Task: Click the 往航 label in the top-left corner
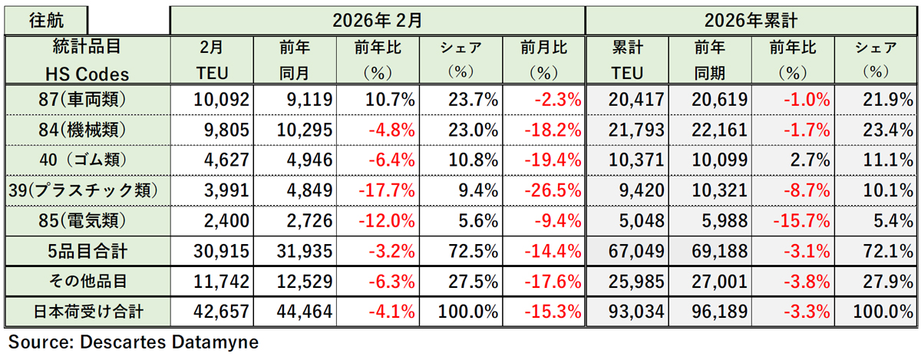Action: pos(45,20)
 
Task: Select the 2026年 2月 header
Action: pos(377,20)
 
